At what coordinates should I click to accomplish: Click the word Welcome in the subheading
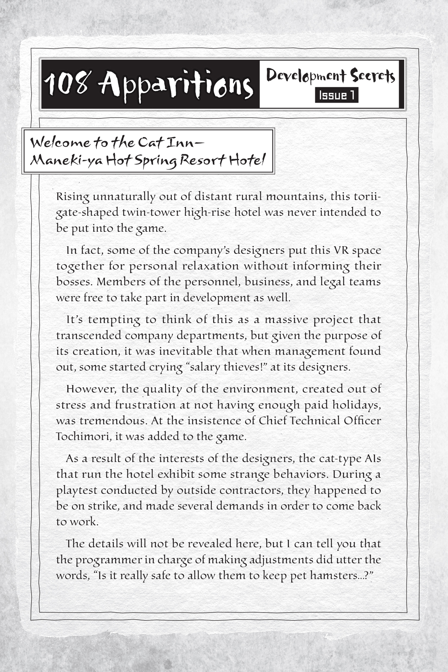click(x=60, y=143)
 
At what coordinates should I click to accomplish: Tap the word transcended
click(x=88, y=335)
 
